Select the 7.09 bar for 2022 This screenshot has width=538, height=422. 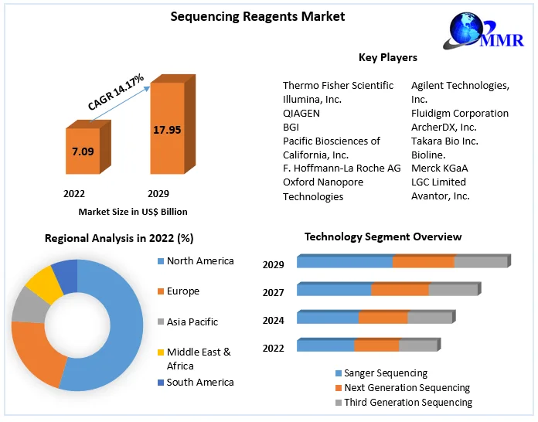[83, 151]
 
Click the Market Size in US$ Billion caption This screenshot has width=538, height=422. [133, 211]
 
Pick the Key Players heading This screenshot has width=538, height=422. [387, 57]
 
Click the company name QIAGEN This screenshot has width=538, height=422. [301, 113]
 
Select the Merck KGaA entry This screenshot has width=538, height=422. [440, 168]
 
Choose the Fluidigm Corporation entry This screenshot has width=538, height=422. [459, 113]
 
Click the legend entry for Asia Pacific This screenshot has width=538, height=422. [191, 322]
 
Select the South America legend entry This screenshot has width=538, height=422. [199, 382]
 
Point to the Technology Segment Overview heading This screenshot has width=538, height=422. [383, 237]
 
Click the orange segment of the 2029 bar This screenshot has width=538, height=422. [423, 262]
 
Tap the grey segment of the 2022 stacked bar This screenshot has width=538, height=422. [417, 345]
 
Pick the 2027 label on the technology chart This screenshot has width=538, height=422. [274, 292]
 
